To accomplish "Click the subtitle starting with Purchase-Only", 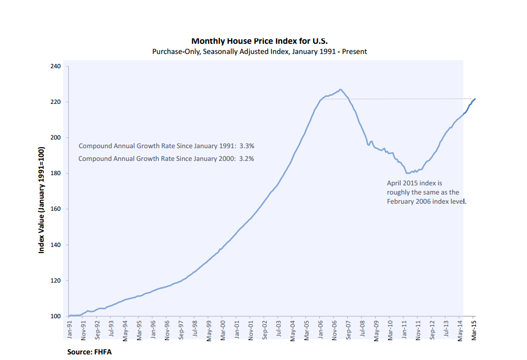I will (x=260, y=51).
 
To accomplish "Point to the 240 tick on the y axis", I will (x=56, y=66).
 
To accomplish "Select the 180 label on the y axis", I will (x=56, y=174).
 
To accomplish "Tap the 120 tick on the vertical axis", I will (x=56, y=281).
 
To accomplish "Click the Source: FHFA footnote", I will (x=89, y=352).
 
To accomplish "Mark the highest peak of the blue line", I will (x=340, y=90).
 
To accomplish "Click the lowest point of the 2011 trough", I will (x=407, y=173).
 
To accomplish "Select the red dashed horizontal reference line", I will (x=407, y=99).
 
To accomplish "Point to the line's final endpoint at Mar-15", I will (x=475, y=99).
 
